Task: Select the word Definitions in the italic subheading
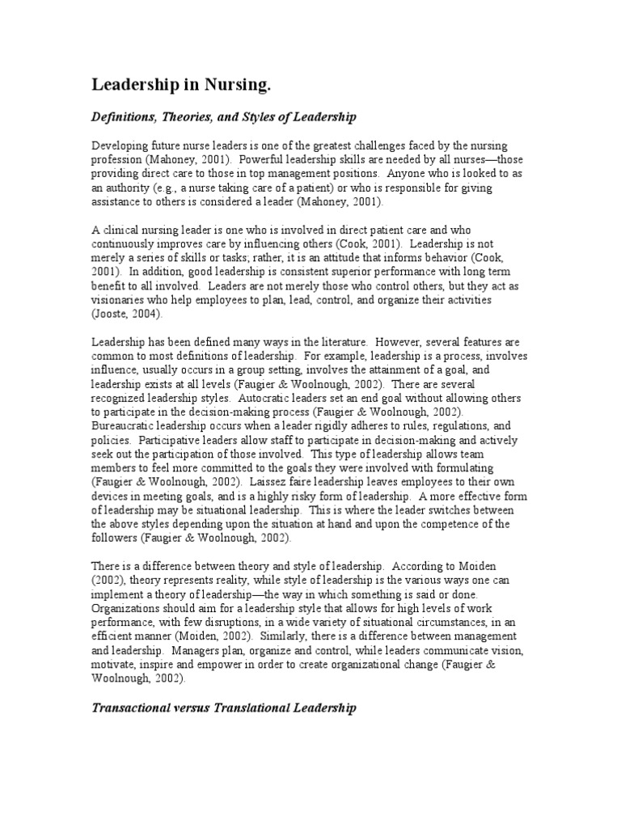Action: tap(122, 117)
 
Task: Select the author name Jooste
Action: tap(109, 314)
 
